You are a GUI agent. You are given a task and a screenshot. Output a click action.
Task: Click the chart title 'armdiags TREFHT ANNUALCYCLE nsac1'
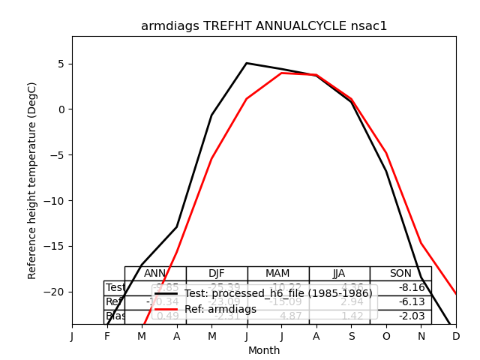(x=264, y=26)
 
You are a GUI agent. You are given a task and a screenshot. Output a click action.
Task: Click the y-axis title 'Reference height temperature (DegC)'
(x=32, y=180)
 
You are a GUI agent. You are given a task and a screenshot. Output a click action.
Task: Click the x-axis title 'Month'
(x=264, y=350)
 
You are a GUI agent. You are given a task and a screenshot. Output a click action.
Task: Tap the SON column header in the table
(x=400, y=274)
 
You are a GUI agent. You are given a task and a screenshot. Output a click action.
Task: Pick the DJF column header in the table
(x=217, y=274)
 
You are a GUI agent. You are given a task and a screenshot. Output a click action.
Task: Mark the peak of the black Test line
(x=247, y=63)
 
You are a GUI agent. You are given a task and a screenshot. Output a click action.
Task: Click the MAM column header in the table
(x=278, y=274)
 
